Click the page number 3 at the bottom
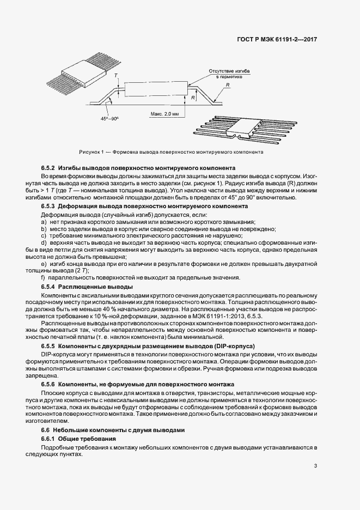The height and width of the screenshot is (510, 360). click(315, 466)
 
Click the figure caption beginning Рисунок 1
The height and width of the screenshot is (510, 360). click(171, 152)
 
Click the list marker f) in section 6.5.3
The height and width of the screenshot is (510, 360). click(43, 278)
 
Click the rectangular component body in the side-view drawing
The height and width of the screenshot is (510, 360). click(156, 90)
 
